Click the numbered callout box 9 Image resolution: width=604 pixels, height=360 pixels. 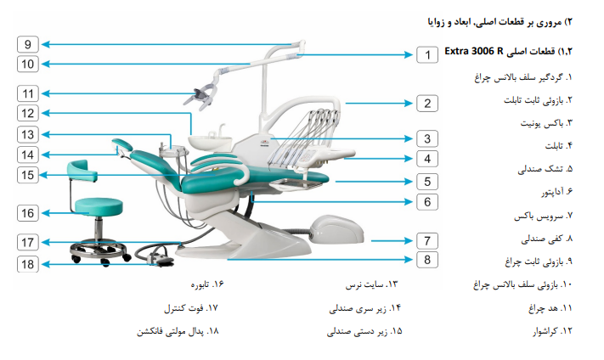coord(28,44)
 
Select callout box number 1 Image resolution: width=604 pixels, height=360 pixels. coord(427,54)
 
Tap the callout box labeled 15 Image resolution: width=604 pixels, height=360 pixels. coord(28,175)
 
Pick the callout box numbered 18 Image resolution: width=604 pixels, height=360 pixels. coord(28,264)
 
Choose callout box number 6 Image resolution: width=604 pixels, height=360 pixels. coord(427,202)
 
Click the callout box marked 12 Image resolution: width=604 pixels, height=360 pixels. coord(28,113)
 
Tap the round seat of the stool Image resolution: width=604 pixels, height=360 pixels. coord(99,206)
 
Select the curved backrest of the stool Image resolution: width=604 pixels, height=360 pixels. coord(82,171)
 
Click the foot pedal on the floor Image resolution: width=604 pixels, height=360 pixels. coord(159,257)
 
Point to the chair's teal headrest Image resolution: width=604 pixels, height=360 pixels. coord(122,144)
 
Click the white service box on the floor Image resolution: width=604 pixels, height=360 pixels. coord(336,229)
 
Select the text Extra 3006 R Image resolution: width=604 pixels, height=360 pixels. coord(474,51)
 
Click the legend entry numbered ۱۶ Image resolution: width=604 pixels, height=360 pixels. coord(206,284)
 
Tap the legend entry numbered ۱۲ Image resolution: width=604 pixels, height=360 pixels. coord(552,331)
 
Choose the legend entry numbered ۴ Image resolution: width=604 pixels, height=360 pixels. coord(558,146)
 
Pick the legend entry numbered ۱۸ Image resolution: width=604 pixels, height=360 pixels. coord(178,331)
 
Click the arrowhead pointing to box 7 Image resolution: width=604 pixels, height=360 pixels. coord(409,241)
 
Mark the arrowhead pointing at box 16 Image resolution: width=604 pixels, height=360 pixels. coord(46,213)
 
